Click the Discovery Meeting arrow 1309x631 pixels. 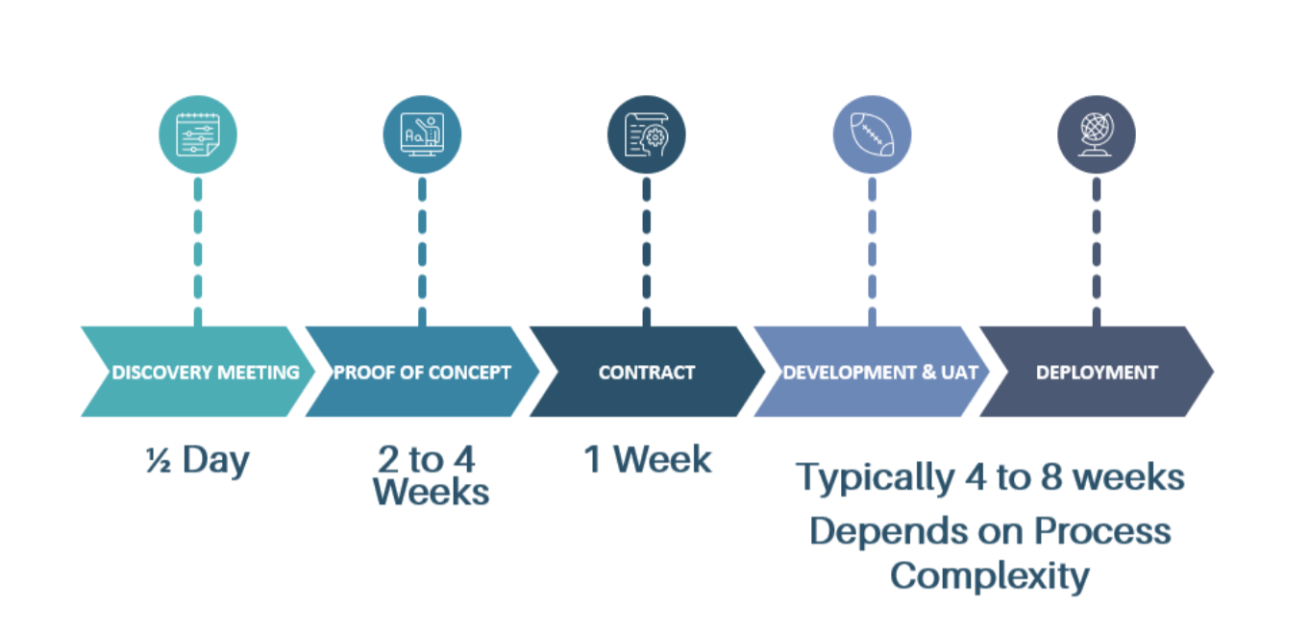(197, 372)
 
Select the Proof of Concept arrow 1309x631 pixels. (422, 372)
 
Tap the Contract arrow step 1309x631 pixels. (646, 372)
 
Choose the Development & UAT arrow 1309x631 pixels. (871, 372)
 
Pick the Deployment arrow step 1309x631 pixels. (1097, 372)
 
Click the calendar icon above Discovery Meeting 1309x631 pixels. (198, 134)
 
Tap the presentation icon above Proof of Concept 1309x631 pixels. (422, 134)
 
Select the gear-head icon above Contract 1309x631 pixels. (647, 134)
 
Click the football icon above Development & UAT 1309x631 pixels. (872, 134)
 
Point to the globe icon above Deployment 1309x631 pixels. (1097, 134)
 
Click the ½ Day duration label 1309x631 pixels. (197, 460)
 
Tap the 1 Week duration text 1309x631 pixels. (648, 459)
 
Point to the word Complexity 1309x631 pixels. (989, 576)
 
